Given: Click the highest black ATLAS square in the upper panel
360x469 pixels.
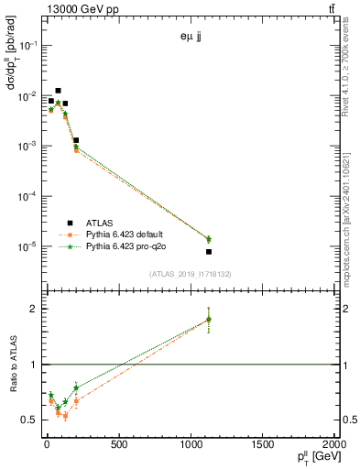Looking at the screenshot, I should coord(58,91).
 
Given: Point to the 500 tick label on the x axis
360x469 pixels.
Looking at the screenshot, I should coord(118,445).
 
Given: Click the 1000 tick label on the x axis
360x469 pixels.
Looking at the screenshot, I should coord(191,445).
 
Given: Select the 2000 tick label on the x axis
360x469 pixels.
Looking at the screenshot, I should coord(336,445).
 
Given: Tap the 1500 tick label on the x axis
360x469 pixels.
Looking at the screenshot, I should coord(264,445).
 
